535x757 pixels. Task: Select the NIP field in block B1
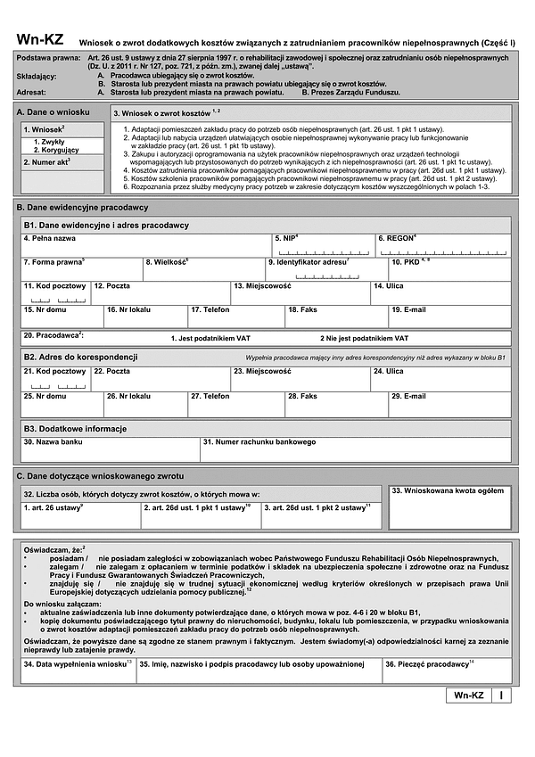coord(324,246)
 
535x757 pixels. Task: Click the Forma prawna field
coord(81,269)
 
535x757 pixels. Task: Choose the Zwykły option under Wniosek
coord(49,142)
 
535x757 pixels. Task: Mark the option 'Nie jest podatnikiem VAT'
coord(364,339)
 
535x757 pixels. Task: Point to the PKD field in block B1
coord(450,269)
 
